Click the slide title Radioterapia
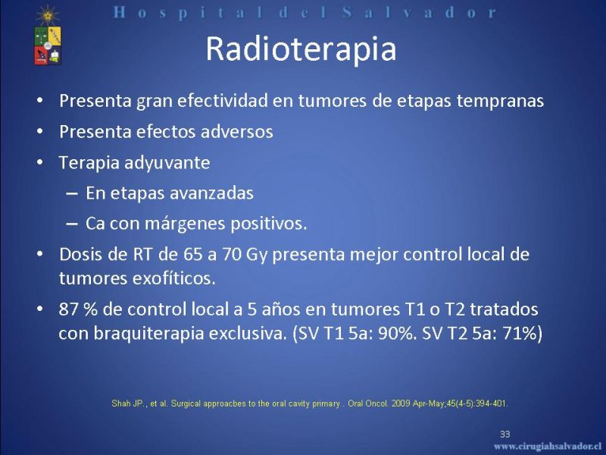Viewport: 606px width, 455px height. [x=301, y=49]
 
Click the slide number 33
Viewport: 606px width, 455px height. [x=504, y=434]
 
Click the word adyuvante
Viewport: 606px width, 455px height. [x=167, y=163]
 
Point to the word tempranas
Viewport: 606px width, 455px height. [x=500, y=102]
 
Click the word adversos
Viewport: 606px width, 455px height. [x=237, y=132]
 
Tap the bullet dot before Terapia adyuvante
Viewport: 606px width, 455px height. [x=40, y=162]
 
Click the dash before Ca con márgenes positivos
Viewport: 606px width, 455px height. [x=72, y=224]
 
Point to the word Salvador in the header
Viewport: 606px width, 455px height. [x=419, y=13]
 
